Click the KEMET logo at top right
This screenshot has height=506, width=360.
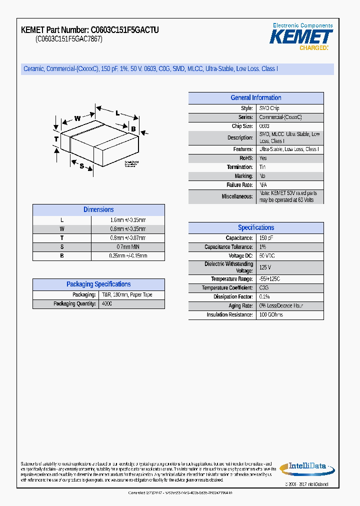click(x=301, y=36)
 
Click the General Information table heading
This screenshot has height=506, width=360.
click(x=255, y=98)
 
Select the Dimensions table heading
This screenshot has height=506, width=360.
click(x=98, y=210)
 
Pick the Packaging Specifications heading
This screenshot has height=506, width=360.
click(x=98, y=284)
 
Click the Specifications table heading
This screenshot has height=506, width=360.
click(x=255, y=227)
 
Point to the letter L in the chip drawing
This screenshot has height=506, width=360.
click(x=117, y=113)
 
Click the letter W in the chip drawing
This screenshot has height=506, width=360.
click(x=77, y=118)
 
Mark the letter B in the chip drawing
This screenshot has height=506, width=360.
click(x=133, y=129)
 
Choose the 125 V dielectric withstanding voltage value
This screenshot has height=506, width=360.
click(x=265, y=267)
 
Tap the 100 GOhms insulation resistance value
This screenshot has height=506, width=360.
click(x=271, y=315)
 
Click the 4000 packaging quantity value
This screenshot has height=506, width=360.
click(x=107, y=304)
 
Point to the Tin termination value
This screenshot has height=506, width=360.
click(x=263, y=167)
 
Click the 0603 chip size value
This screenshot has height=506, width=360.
click(x=264, y=126)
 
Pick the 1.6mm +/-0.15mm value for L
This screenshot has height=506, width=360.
click(x=128, y=220)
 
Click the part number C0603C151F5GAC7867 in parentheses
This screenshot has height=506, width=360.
click(x=69, y=39)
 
